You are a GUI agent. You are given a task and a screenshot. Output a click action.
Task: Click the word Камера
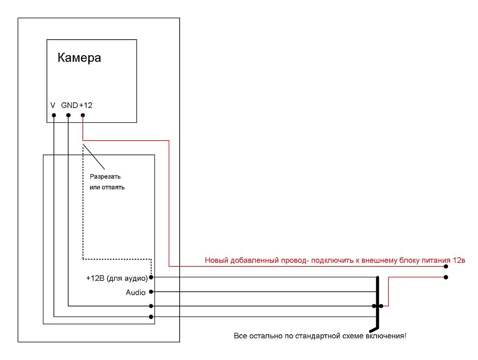[x=79, y=57]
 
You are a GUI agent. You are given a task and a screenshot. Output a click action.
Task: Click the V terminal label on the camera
[x=53, y=105]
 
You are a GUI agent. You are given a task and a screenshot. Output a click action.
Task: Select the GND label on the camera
[x=70, y=105]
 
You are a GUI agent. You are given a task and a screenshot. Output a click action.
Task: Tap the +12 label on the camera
[x=86, y=105]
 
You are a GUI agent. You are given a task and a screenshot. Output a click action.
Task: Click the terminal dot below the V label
[x=54, y=115]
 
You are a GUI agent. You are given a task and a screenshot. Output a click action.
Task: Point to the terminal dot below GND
[x=68, y=115]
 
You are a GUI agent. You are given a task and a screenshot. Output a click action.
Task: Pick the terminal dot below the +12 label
[x=83, y=115]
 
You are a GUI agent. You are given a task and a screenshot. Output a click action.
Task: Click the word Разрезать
[x=105, y=177]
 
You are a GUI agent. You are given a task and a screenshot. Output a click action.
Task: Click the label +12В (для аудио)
[x=117, y=278]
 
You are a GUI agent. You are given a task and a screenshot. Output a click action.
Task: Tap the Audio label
[x=136, y=293]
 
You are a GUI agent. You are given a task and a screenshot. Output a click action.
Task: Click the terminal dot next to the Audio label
[x=151, y=292]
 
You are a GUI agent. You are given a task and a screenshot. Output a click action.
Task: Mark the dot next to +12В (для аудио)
[x=151, y=277]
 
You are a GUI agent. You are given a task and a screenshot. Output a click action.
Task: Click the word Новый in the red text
[x=217, y=260]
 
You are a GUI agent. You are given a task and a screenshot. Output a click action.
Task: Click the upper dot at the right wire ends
[x=446, y=267]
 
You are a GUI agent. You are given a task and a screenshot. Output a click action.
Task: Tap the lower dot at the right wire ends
[x=446, y=277]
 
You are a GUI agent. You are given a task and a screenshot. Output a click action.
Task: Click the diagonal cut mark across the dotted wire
[x=94, y=157]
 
